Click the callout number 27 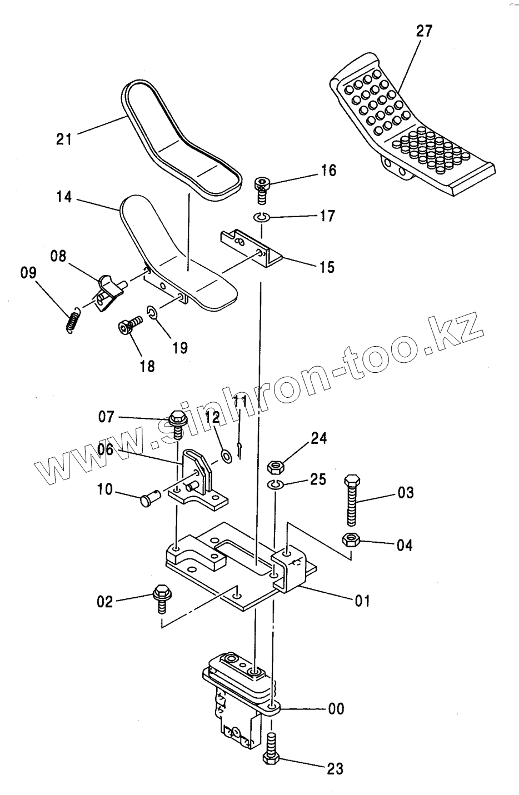[423, 31]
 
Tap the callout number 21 [64, 138]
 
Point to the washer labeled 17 [262, 217]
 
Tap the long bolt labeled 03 [352, 499]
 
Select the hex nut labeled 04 [350, 539]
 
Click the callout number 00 [336, 709]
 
